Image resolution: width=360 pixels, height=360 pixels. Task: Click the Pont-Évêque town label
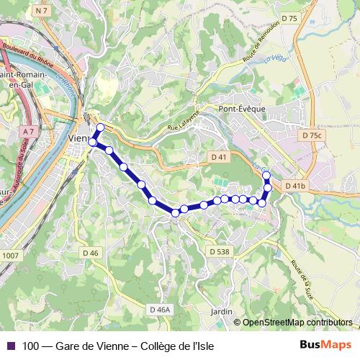(241, 109)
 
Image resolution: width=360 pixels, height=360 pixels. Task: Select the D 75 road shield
(290, 19)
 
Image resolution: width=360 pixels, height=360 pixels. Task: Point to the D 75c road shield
(312, 135)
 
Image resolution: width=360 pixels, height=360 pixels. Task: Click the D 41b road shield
(295, 186)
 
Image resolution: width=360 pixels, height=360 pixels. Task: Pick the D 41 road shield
(220, 156)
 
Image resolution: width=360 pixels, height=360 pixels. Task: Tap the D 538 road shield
(220, 251)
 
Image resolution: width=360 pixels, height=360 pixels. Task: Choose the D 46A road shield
(161, 309)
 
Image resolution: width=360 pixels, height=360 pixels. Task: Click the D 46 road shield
(90, 253)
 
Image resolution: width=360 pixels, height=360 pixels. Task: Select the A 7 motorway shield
(28, 132)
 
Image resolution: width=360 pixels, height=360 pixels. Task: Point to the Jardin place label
(222, 311)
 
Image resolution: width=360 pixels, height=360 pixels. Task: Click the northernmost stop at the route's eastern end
(266, 175)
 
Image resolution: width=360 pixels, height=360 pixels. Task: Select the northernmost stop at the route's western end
(100, 127)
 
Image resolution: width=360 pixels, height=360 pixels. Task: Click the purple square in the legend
(10, 346)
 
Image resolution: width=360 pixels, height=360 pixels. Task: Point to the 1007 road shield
(10, 255)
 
